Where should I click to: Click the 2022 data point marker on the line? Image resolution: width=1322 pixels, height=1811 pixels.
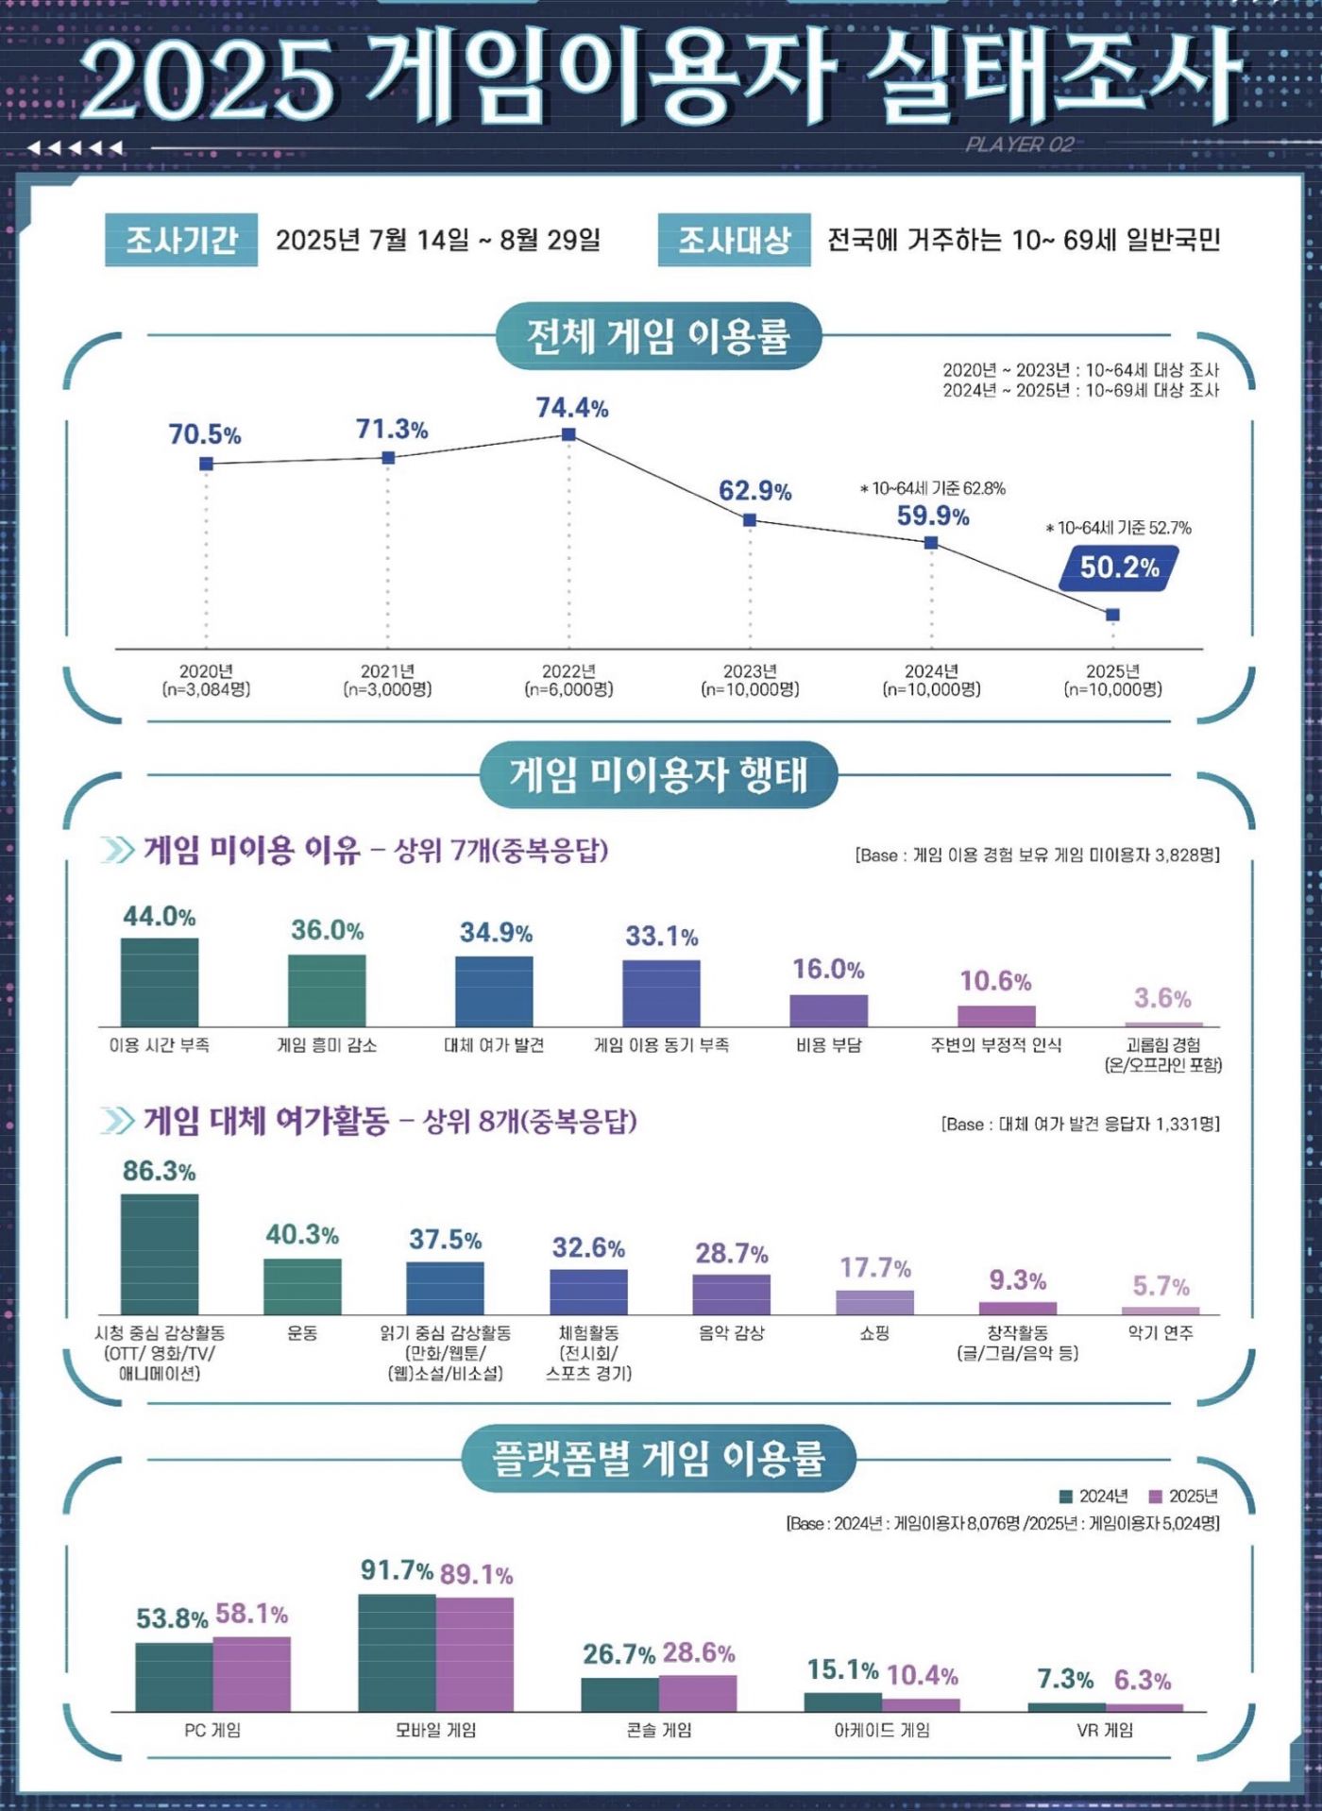[568, 434]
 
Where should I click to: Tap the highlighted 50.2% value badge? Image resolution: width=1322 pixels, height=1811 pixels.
[1119, 567]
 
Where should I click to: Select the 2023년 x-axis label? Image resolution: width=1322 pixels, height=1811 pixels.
[750, 671]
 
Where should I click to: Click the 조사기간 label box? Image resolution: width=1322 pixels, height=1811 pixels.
[181, 240]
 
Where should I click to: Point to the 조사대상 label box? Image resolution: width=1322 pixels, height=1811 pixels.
[734, 240]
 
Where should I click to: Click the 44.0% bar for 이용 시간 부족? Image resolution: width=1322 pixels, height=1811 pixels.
[160, 982]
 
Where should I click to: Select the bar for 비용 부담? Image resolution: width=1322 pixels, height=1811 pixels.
[828, 1010]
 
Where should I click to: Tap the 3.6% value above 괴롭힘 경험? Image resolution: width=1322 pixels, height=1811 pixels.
[1162, 998]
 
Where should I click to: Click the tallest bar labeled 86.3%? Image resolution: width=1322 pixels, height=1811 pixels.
[160, 1254]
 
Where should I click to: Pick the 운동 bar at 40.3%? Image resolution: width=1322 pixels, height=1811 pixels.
[302, 1286]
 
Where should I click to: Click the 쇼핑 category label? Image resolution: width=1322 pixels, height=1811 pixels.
[874, 1333]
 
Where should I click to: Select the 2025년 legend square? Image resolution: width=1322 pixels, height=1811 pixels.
[1155, 1497]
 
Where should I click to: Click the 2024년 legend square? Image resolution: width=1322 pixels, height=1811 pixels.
[1066, 1497]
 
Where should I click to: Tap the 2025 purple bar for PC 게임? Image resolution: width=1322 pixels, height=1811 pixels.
[252, 1675]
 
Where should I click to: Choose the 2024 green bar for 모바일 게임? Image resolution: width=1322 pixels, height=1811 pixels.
[397, 1652]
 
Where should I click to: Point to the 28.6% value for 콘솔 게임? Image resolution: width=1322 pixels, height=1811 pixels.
[699, 1652]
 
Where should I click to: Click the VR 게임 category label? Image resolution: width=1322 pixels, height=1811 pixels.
[1105, 1730]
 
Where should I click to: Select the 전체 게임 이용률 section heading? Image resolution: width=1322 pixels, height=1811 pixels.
[658, 336]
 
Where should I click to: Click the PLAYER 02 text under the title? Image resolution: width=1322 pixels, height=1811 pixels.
[1020, 144]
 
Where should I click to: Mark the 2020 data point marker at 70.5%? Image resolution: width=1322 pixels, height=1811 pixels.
[206, 464]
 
